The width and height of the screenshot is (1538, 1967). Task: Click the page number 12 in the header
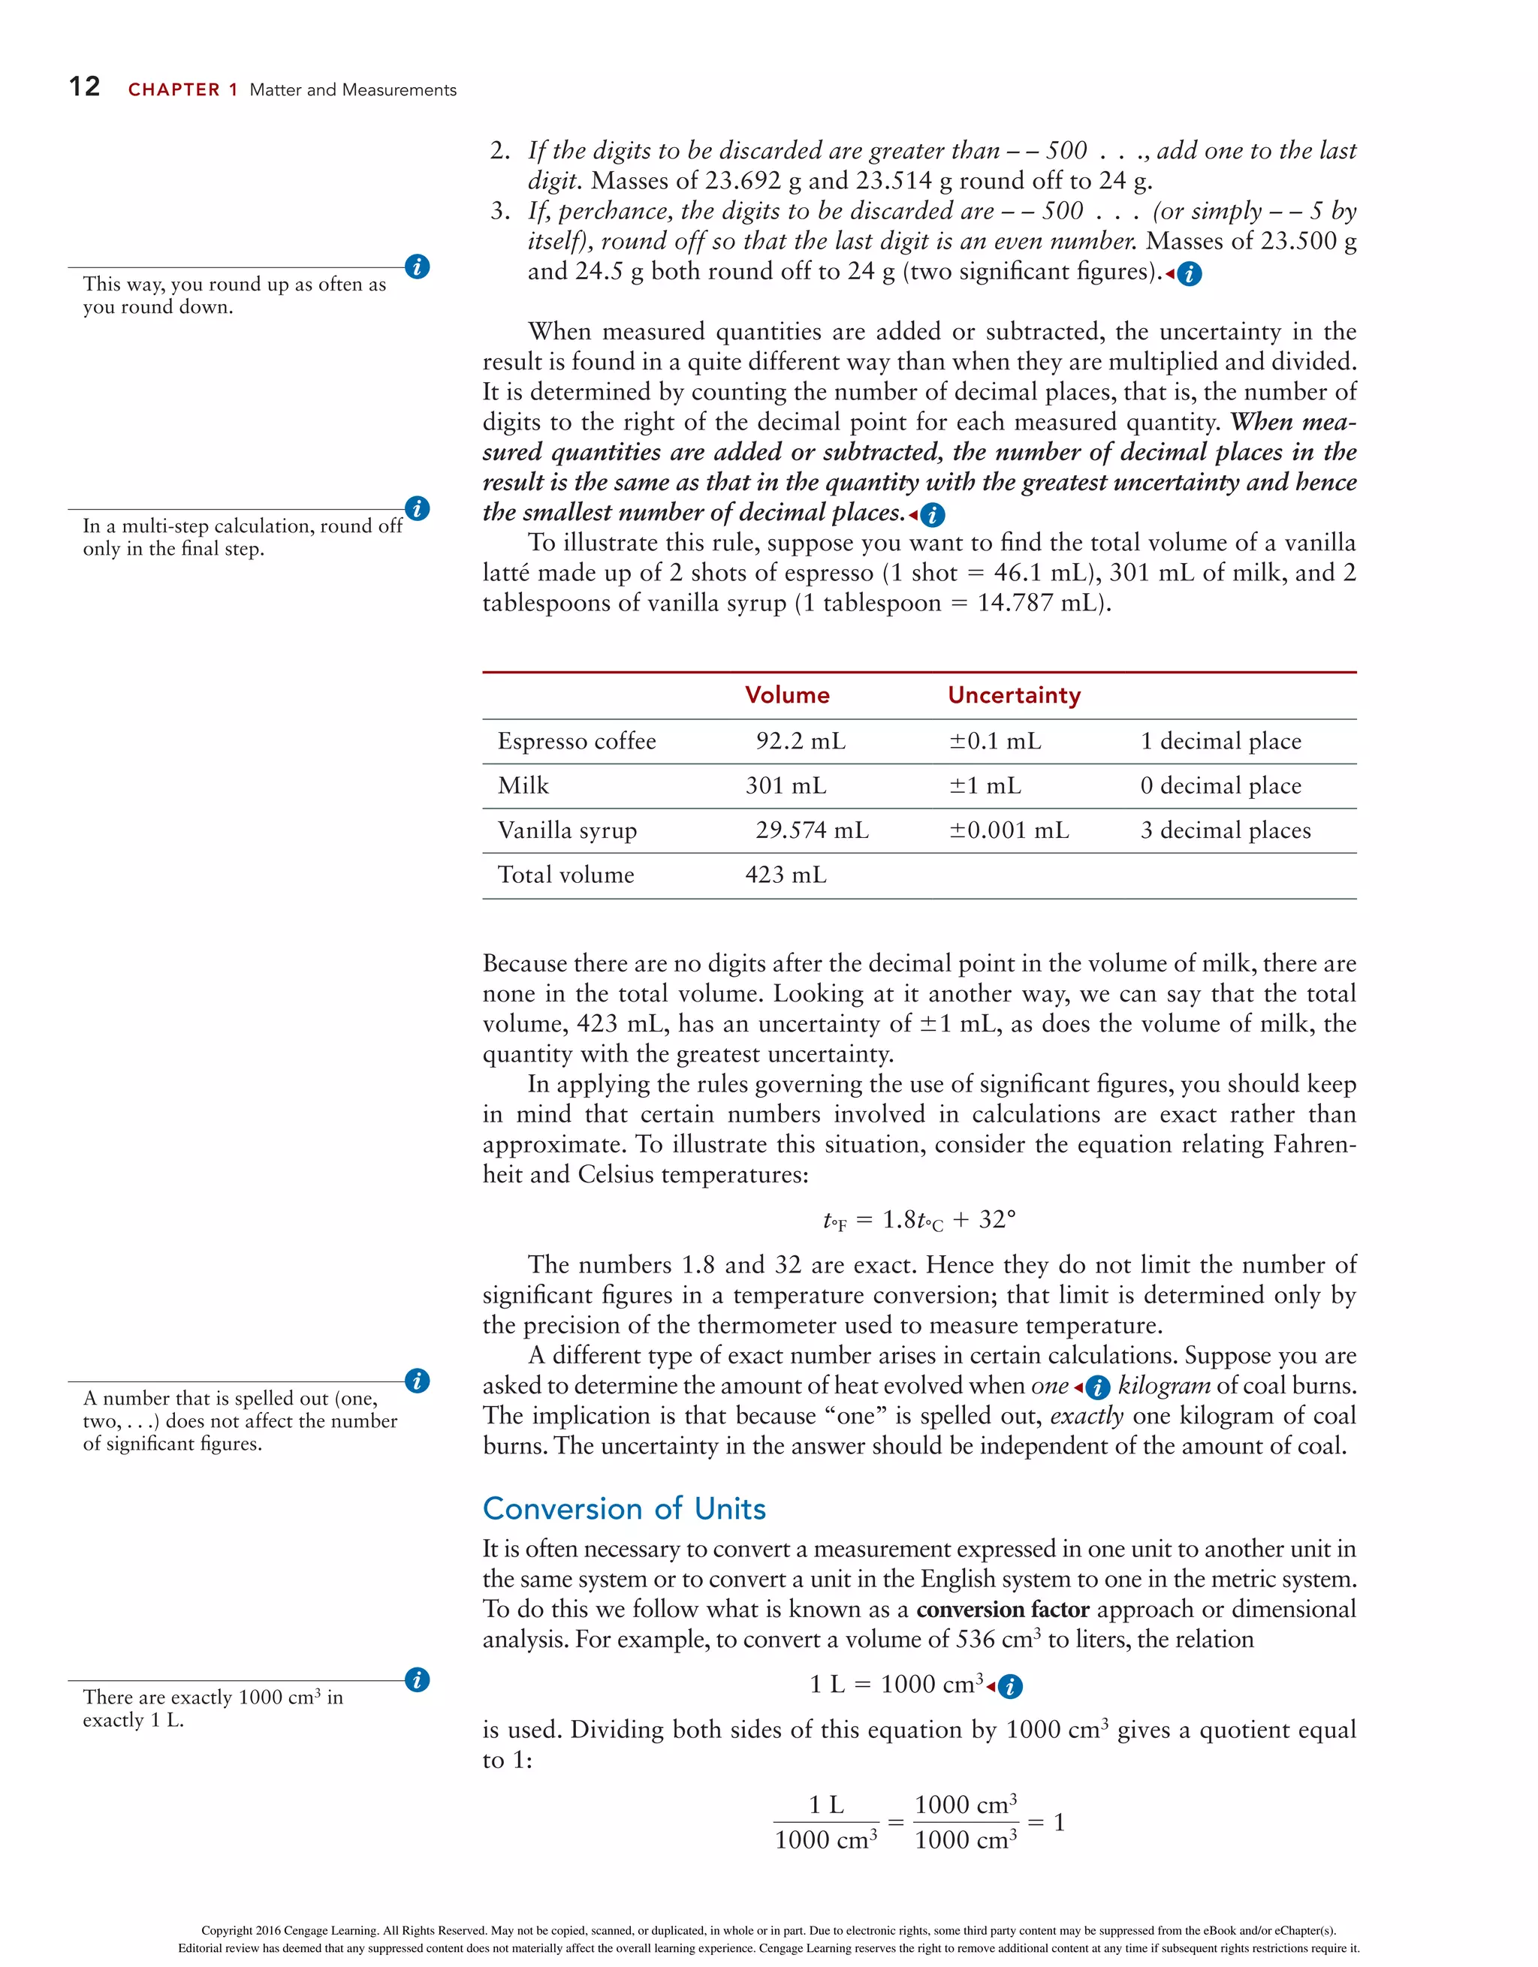[x=85, y=86]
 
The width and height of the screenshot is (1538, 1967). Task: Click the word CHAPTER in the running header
[x=174, y=90]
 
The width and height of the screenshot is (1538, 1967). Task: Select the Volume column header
[x=786, y=695]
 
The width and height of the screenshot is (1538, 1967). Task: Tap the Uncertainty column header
[x=1014, y=695]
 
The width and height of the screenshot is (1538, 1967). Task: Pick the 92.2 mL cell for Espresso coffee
[x=800, y=741]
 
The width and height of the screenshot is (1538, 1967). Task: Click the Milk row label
[x=523, y=785]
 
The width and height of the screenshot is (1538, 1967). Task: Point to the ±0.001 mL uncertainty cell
[x=1009, y=830]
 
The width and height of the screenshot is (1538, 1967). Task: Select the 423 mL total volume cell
[x=786, y=875]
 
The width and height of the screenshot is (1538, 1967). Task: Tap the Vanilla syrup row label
[x=567, y=830]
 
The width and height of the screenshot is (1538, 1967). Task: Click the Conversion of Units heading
[x=623, y=1508]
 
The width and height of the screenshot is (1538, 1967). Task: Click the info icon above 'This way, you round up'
[x=417, y=267]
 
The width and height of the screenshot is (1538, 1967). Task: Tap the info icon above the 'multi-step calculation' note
[x=417, y=509]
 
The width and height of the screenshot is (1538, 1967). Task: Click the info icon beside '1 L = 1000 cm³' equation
[x=1011, y=1687]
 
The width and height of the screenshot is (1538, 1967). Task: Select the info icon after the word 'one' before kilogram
[x=1097, y=1387]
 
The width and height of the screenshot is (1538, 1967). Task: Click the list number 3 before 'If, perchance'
[x=499, y=211]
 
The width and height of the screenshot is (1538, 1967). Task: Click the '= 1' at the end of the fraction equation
[x=1047, y=1822]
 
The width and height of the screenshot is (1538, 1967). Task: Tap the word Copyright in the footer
[x=226, y=1930]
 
